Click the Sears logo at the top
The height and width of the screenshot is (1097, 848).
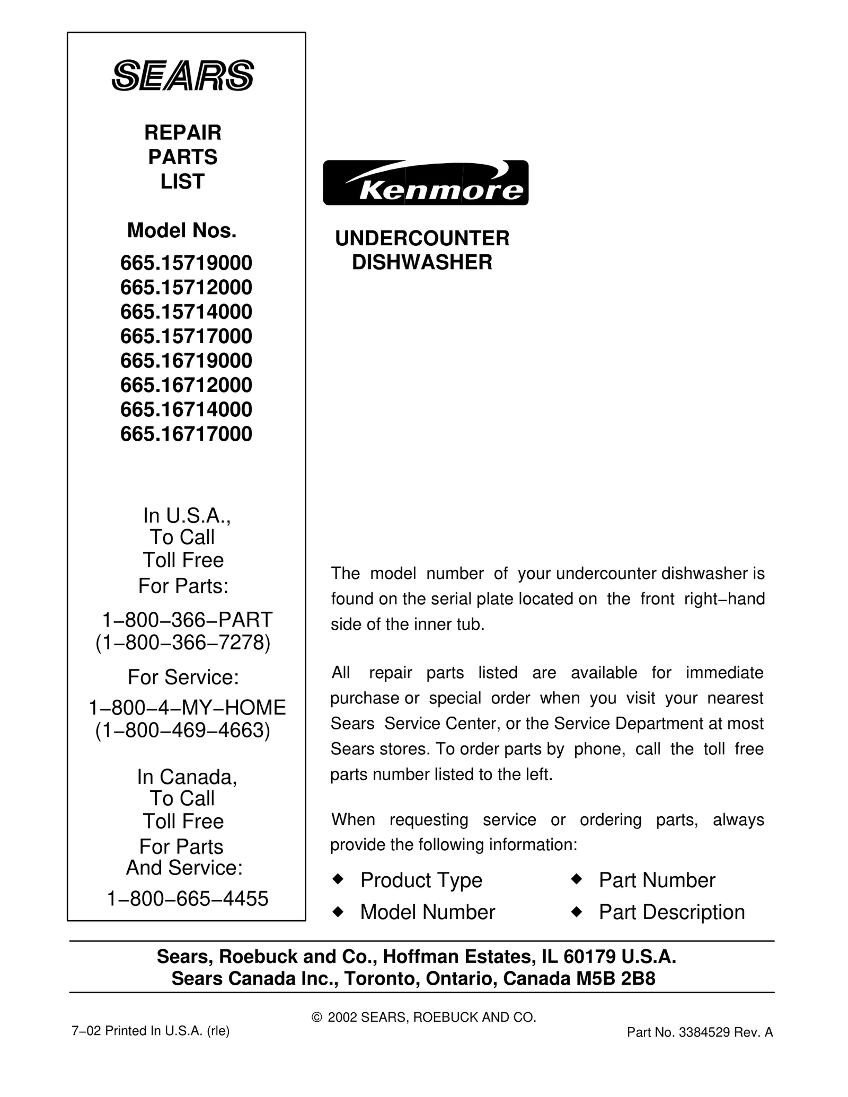[183, 75]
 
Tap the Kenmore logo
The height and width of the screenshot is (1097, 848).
[426, 183]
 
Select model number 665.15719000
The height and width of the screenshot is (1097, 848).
[186, 263]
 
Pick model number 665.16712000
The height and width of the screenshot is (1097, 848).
[186, 385]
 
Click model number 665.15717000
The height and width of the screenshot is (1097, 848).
[186, 336]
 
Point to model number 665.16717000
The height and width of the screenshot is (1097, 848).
[186, 434]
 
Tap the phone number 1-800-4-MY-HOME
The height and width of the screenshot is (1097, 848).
[187, 707]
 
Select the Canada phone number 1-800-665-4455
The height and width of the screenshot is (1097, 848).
[188, 899]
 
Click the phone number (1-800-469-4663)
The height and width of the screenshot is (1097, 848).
[183, 730]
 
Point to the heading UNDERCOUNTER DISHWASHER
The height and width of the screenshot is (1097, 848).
[422, 250]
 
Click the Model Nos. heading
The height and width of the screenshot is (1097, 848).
[182, 230]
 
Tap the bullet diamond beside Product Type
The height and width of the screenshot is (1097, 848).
[338, 879]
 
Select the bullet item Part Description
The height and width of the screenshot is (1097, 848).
[672, 912]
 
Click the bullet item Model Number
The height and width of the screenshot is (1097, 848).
[427, 912]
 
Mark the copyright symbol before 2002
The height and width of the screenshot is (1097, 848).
[317, 1018]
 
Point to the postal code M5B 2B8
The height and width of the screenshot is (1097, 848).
[616, 978]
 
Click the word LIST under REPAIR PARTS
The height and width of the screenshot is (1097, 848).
[182, 182]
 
